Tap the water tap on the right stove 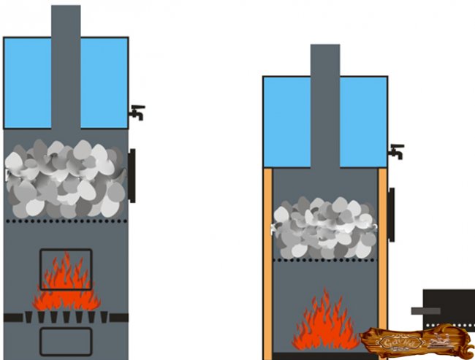pyautogui.click(x=396, y=152)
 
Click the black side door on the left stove pyautogui.click(x=132, y=175)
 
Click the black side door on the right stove pyautogui.click(x=392, y=215)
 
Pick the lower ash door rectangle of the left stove pyautogui.click(x=66, y=341)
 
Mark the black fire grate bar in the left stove pyautogui.click(x=66, y=318)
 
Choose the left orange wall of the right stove pyautogui.click(x=267, y=263)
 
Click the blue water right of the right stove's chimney pyautogui.click(x=363, y=120)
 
